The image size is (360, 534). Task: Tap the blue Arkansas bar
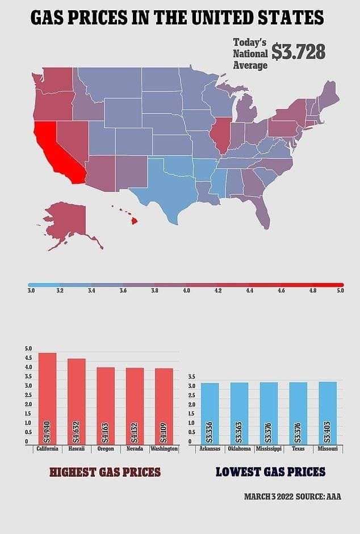point(210,414)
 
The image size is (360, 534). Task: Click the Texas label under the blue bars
point(298,449)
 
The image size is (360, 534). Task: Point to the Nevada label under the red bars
point(135,449)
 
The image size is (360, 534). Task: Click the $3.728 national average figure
point(298,52)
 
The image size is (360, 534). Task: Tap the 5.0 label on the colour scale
point(340,291)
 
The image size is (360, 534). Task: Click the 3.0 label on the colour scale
point(31,291)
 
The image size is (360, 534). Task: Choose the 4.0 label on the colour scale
point(186,291)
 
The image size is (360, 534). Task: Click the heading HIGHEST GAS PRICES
point(105,472)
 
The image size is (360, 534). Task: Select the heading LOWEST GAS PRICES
point(270,472)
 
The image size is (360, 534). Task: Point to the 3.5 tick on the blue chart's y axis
point(191,377)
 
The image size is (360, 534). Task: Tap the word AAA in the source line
point(334,497)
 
